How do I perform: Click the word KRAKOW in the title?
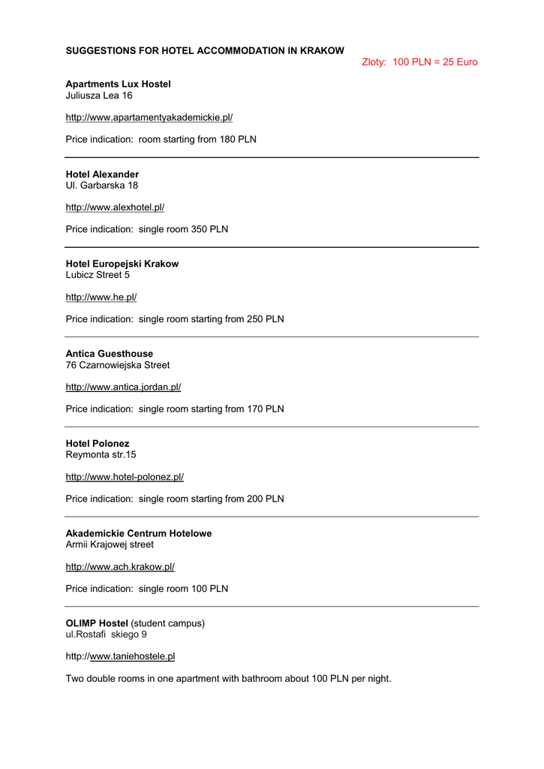[322, 50]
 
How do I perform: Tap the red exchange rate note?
[419, 62]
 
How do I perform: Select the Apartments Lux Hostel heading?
[118, 84]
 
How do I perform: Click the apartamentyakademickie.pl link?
[149, 117]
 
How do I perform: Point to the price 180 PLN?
[238, 140]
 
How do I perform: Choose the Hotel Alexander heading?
[102, 174]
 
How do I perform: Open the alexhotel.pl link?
[115, 207]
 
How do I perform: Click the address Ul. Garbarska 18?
[102, 185]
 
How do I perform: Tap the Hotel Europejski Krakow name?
[122, 264]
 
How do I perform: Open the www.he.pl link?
[101, 297]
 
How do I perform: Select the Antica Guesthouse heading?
[110, 354]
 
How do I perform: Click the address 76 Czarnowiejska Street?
[118, 365]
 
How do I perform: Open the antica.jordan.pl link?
[124, 387]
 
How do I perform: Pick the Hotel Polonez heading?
[98, 443]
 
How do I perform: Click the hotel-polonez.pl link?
[125, 477]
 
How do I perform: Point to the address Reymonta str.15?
[101, 454]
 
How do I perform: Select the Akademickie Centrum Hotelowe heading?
[139, 533]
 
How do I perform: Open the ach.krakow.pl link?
[120, 566]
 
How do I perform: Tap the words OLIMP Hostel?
[97, 623]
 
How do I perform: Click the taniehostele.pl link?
[132, 656]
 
